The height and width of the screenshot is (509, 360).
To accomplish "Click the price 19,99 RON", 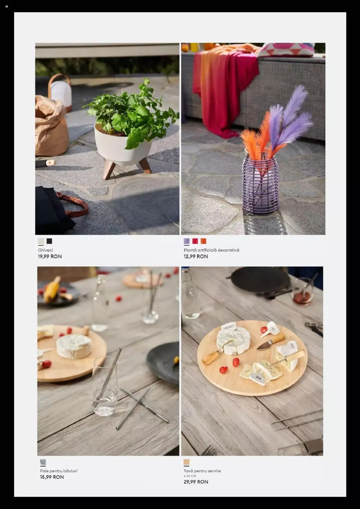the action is point(50,256).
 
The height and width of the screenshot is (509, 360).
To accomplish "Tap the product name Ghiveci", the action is point(45,250).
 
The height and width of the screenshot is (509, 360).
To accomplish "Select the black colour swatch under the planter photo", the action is point(49,241).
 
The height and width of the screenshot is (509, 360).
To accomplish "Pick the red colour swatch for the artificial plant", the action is point(195,241).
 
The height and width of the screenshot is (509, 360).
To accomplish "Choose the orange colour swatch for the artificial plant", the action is point(203,241).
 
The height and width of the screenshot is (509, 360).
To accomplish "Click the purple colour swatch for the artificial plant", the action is point(187,241).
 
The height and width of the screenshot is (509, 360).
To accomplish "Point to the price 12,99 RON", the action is point(196,256).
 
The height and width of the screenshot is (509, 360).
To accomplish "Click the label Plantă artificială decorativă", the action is point(211,250).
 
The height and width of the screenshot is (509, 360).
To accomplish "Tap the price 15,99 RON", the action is point(52,477).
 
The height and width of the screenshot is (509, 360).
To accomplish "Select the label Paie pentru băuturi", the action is point(59,471).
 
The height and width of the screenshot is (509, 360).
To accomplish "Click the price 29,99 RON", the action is point(196,482).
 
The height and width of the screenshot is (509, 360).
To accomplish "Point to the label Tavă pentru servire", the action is point(202,471).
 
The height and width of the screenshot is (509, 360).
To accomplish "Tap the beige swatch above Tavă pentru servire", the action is point(186,462).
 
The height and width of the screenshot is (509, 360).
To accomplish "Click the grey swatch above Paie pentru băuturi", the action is point(43,462).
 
